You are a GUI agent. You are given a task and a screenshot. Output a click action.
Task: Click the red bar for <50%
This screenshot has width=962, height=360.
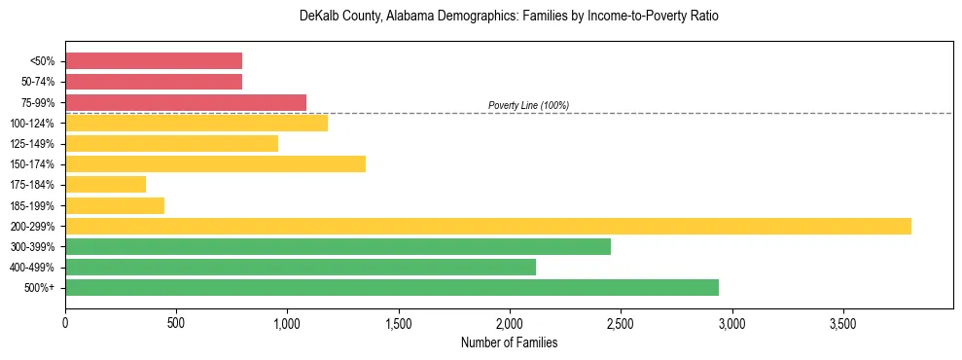pos(154,60)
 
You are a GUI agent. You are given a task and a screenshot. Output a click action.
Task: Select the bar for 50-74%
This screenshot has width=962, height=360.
pos(154,82)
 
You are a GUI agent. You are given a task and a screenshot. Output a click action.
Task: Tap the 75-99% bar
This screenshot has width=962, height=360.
pos(186,102)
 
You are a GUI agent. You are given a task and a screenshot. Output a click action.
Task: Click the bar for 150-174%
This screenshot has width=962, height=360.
pos(215,163)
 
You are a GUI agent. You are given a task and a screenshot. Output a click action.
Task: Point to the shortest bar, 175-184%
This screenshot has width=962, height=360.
pos(105,184)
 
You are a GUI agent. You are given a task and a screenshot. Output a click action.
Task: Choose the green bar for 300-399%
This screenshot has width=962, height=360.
pos(338,246)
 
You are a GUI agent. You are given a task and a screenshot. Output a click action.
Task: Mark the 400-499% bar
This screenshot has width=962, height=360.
pos(301,267)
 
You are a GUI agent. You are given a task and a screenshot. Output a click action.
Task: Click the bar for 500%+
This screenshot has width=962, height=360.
pos(392,287)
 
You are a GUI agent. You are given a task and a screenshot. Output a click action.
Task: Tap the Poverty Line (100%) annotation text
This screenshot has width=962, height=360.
pos(528,105)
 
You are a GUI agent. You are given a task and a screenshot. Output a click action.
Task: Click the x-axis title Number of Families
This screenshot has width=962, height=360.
pos(509,342)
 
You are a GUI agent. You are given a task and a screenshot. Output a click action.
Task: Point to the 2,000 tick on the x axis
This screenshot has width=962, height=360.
pos(509,323)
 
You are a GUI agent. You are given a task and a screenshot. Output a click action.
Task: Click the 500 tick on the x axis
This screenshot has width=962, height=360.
pos(176,323)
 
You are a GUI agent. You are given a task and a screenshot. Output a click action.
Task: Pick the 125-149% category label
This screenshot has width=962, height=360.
pos(32,144)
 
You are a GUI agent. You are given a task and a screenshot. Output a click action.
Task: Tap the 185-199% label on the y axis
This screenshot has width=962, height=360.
pos(32,205)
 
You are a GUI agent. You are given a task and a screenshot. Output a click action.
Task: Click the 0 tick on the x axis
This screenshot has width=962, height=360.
pos(65,323)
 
